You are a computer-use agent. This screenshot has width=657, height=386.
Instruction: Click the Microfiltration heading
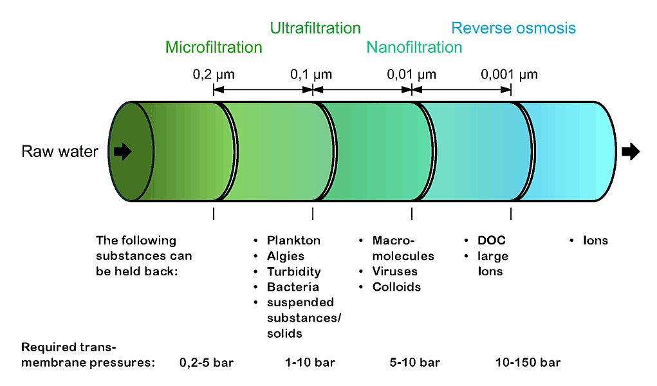point(214,48)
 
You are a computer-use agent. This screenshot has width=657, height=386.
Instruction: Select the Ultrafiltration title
point(315,28)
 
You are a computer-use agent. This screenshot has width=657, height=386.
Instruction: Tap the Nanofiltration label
point(414,48)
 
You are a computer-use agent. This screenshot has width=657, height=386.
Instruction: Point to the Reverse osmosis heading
point(514,28)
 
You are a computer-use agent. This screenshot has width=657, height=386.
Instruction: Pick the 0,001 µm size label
point(509,75)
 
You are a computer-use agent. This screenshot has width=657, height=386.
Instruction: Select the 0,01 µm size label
point(411,75)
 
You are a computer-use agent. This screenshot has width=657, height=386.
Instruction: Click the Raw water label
point(60,152)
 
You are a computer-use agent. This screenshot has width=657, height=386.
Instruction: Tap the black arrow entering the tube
point(122,152)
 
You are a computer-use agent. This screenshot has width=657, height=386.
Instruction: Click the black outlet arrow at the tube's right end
point(631,152)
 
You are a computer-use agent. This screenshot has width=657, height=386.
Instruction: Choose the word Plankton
point(293,241)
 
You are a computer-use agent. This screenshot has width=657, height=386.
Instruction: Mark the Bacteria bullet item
point(293,287)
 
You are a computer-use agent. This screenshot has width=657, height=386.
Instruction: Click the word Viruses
point(394,271)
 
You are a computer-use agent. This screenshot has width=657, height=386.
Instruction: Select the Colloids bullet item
point(396,287)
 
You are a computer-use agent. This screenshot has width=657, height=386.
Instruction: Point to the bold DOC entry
point(492,241)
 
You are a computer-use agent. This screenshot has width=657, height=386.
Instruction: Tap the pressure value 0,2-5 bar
point(206,363)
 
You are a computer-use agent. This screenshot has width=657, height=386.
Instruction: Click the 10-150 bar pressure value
point(528,363)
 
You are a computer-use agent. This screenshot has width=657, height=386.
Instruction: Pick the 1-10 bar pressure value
point(310,363)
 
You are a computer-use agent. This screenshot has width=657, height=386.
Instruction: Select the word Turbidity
point(293,271)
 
